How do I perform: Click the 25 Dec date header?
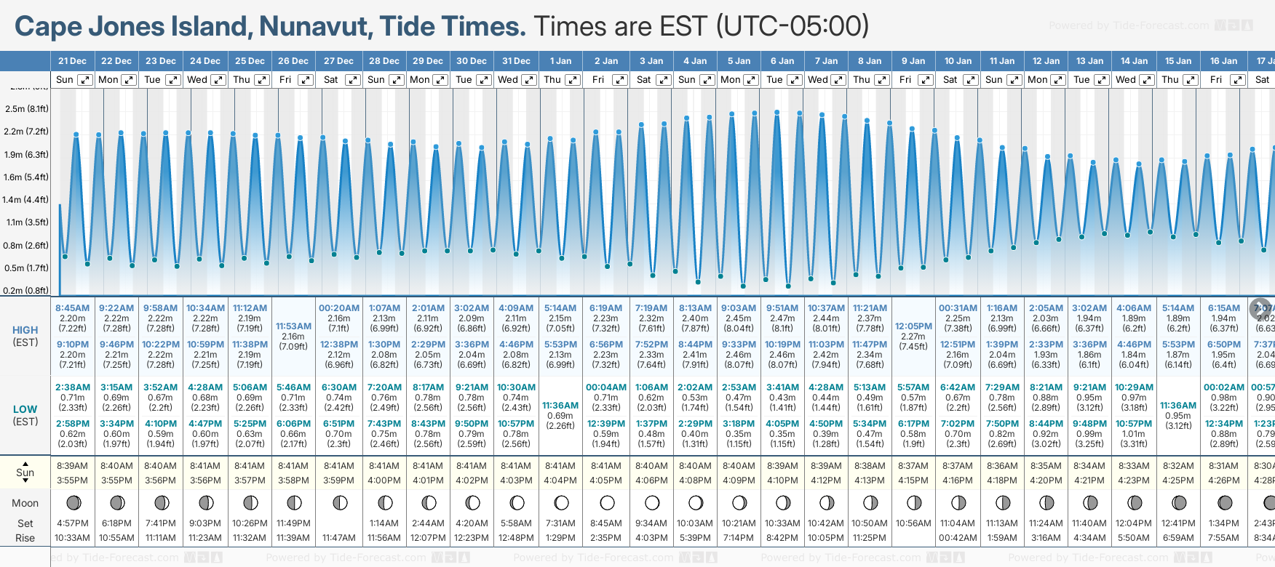click(x=250, y=61)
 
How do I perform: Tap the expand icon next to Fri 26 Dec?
click(x=306, y=80)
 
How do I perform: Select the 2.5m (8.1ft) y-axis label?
click(x=26, y=109)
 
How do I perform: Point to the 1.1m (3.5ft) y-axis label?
click(x=26, y=222)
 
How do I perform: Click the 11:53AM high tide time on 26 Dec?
click(x=293, y=326)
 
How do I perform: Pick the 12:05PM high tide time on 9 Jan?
click(x=913, y=326)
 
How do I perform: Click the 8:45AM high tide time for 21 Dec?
click(x=72, y=308)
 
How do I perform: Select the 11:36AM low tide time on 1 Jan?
click(x=560, y=406)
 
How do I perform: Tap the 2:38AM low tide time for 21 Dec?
click(x=72, y=387)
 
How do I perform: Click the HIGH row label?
click(x=25, y=330)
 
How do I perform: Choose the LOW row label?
click(x=25, y=409)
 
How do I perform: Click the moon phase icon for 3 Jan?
click(x=652, y=502)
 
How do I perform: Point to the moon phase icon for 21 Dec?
click(x=73, y=502)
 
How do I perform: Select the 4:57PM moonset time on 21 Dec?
click(x=72, y=523)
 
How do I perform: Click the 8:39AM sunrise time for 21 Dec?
click(x=72, y=466)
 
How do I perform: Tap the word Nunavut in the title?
click(x=314, y=27)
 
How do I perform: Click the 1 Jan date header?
click(x=560, y=61)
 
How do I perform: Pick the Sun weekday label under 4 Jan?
click(x=687, y=80)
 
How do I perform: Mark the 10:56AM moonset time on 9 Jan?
click(x=913, y=523)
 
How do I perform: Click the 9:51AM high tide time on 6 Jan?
click(x=782, y=308)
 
